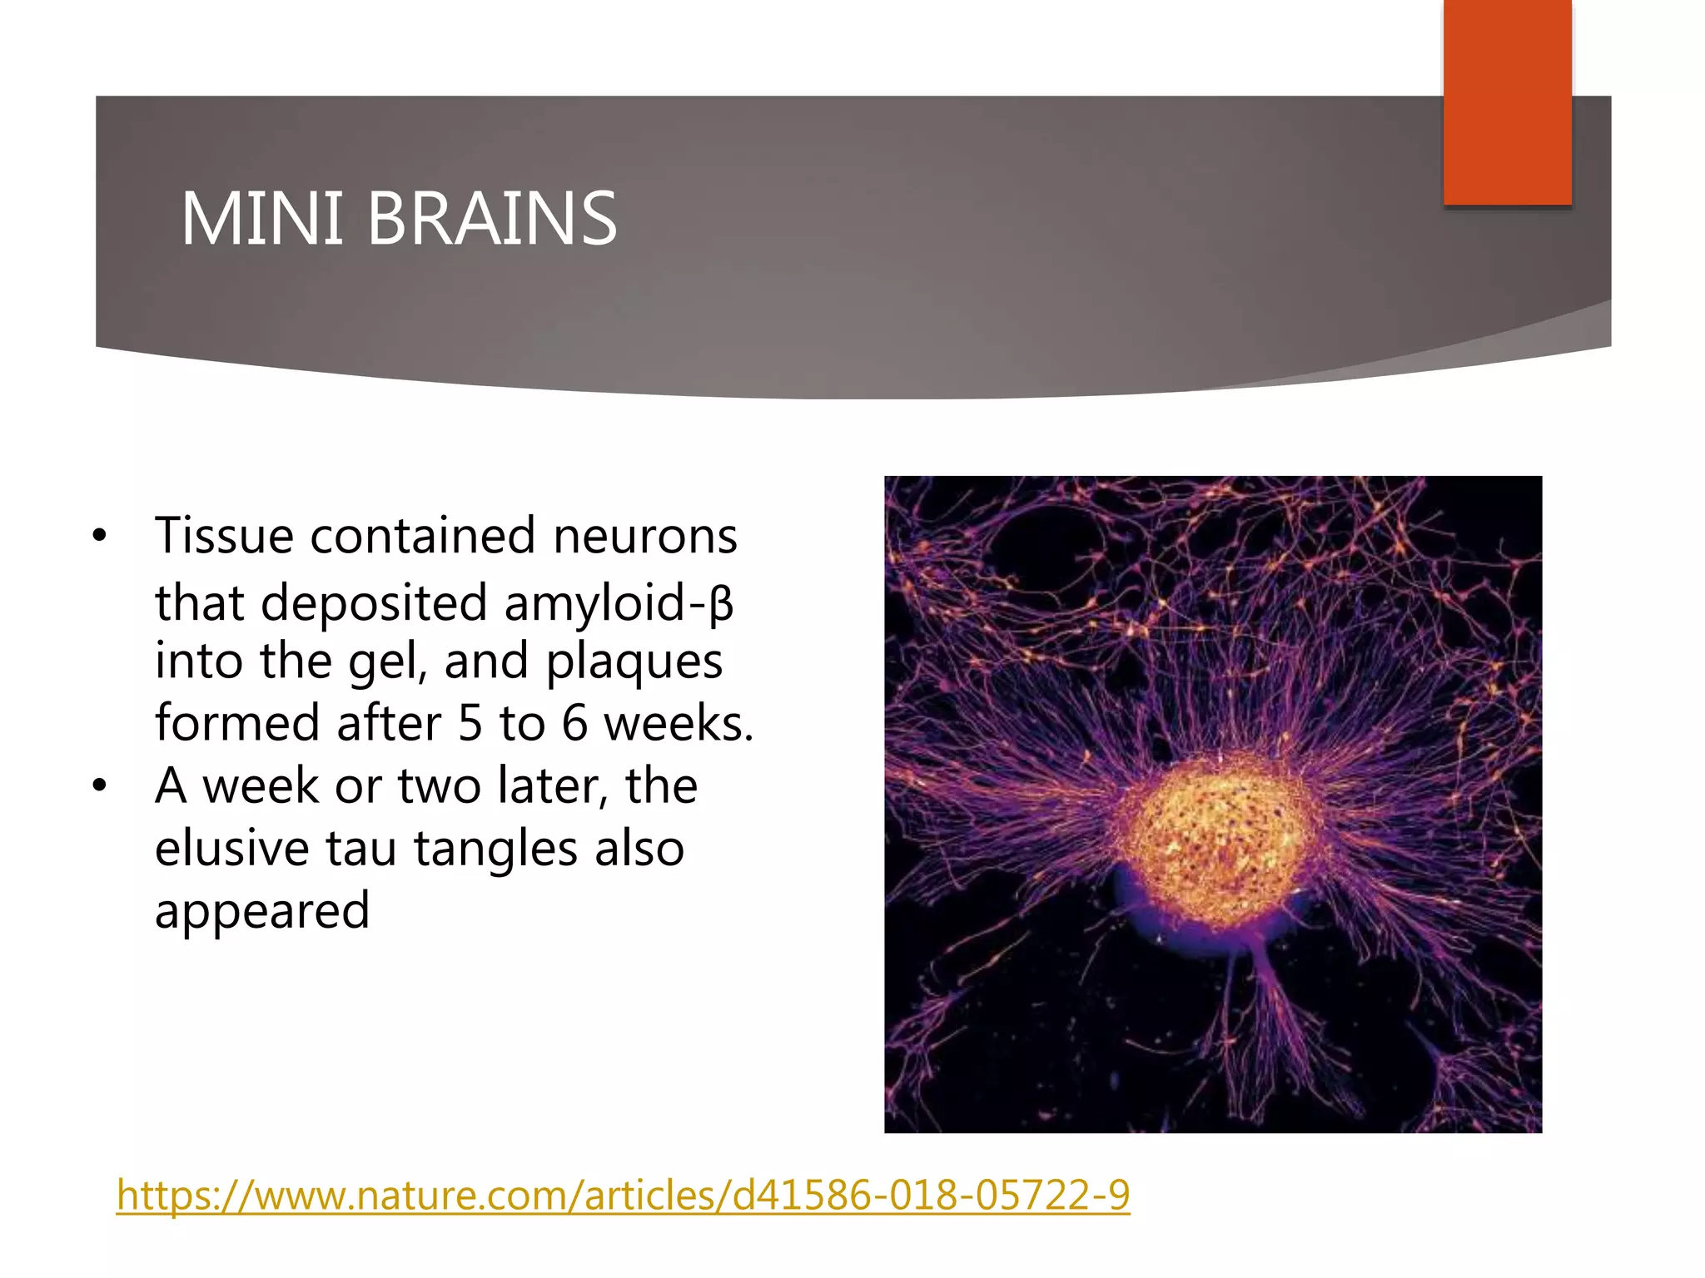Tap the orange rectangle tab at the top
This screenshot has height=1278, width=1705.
pyautogui.click(x=1507, y=102)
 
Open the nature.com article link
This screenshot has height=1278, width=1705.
pyautogui.click(x=623, y=1195)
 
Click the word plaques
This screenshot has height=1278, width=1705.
pyautogui.click(x=634, y=661)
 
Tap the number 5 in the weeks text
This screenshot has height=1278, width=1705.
pyautogui.click(x=470, y=723)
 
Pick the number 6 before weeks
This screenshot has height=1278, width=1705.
pyautogui.click(x=574, y=723)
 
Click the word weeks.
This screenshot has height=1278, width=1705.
pyautogui.click(x=678, y=723)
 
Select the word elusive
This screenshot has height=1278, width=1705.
pyautogui.click(x=232, y=849)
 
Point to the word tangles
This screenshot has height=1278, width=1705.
pyautogui.click(x=495, y=849)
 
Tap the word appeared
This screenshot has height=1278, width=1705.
pyautogui.click(x=262, y=910)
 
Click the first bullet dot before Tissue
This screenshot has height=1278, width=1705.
pyautogui.click(x=100, y=536)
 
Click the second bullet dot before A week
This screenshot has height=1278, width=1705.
pyautogui.click(x=100, y=786)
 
